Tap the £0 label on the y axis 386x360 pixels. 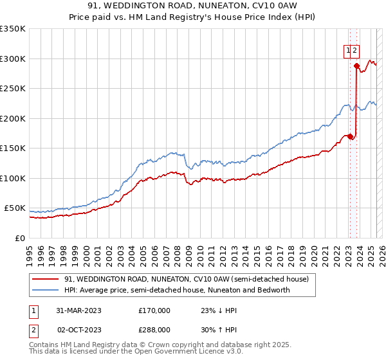[x=19, y=238]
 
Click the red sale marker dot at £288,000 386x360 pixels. [x=356, y=66]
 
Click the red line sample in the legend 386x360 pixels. [x=46, y=279]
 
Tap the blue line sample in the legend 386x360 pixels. [x=46, y=290]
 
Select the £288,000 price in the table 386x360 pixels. [x=154, y=329]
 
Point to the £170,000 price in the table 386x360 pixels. [x=154, y=310]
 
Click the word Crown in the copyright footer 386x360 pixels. [x=161, y=345]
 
